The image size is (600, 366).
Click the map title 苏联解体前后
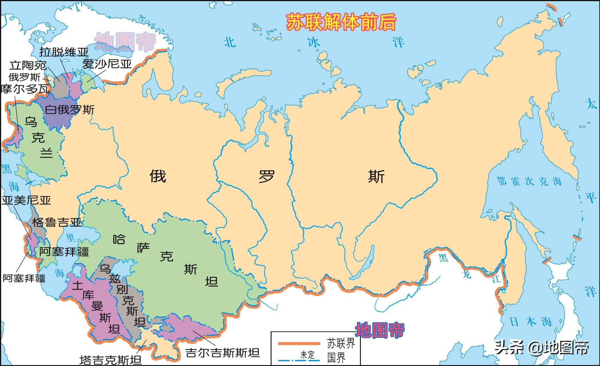[341, 22]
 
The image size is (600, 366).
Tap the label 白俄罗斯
[70, 110]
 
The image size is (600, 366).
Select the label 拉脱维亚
[64, 52]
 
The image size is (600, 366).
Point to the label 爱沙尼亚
[107, 64]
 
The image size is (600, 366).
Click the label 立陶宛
[28, 65]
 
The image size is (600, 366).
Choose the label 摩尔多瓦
[25, 89]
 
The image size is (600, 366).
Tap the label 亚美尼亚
[26, 200]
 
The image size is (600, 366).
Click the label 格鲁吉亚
[57, 222]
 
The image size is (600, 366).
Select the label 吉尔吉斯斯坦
[222, 353]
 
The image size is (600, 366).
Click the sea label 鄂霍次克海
[529, 181]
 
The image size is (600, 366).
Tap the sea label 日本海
[531, 322]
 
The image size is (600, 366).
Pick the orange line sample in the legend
[299, 343]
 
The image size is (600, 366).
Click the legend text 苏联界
[341, 343]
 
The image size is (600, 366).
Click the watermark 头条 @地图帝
[542, 347]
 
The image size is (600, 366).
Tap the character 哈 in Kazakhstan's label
[119, 239]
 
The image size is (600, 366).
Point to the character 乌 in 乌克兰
[31, 122]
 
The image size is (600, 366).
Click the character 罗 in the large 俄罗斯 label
[267, 176]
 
